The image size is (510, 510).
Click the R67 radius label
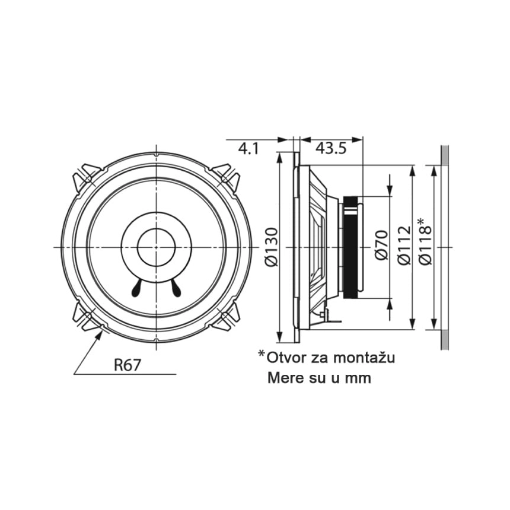coord(128,365)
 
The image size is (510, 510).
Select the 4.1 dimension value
coord(248,149)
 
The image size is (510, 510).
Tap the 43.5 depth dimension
coord(330,149)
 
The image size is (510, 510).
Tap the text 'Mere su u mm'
coord(318,378)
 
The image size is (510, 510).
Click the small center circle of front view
coord(156,247)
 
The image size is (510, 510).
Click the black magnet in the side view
coord(351,247)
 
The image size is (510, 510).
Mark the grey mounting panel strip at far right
coord(445,247)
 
